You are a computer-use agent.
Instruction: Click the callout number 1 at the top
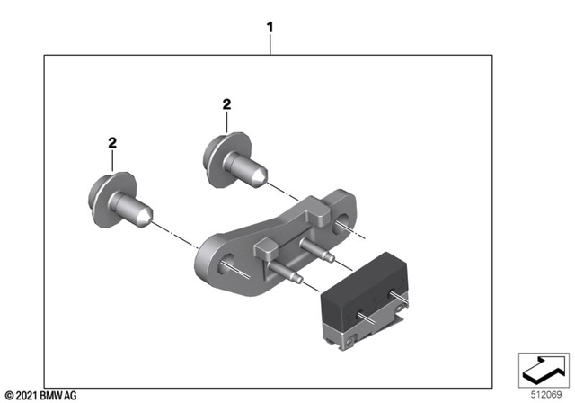pyautogui.click(x=269, y=29)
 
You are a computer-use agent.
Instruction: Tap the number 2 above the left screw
pyautogui.click(x=112, y=142)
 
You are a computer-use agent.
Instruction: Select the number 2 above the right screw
pyautogui.click(x=227, y=105)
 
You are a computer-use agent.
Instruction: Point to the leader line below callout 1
pyautogui.click(x=269, y=45)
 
